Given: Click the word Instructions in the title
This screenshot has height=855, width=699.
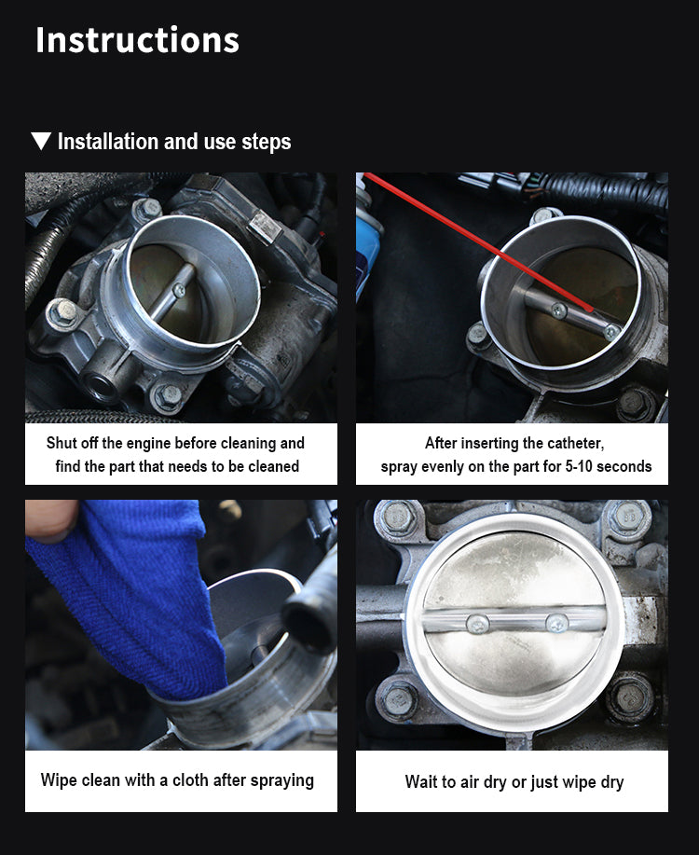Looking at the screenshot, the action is click(x=137, y=40).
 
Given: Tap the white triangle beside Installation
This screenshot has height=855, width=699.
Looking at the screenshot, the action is click(x=41, y=141).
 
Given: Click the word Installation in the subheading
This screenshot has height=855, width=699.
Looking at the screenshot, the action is click(x=108, y=141).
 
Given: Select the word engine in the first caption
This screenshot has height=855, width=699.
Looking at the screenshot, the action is click(x=153, y=443).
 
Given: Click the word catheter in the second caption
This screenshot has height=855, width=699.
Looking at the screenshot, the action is click(x=575, y=443).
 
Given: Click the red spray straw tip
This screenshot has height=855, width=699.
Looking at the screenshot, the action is click(x=589, y=309).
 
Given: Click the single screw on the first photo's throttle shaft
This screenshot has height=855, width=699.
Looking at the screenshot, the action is click(x=179, y=291).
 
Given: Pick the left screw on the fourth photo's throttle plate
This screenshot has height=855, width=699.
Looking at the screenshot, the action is click(x=476, y=624).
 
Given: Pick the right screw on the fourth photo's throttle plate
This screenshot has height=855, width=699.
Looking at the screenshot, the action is click(x=556, y=623).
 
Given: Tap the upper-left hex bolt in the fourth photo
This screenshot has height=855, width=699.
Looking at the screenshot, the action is click(x=397, y=517).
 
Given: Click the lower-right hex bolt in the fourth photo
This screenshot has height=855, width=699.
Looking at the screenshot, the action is click(x=630, y=698).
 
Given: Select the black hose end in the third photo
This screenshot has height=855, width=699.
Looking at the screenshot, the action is click(x=308, y=622).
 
